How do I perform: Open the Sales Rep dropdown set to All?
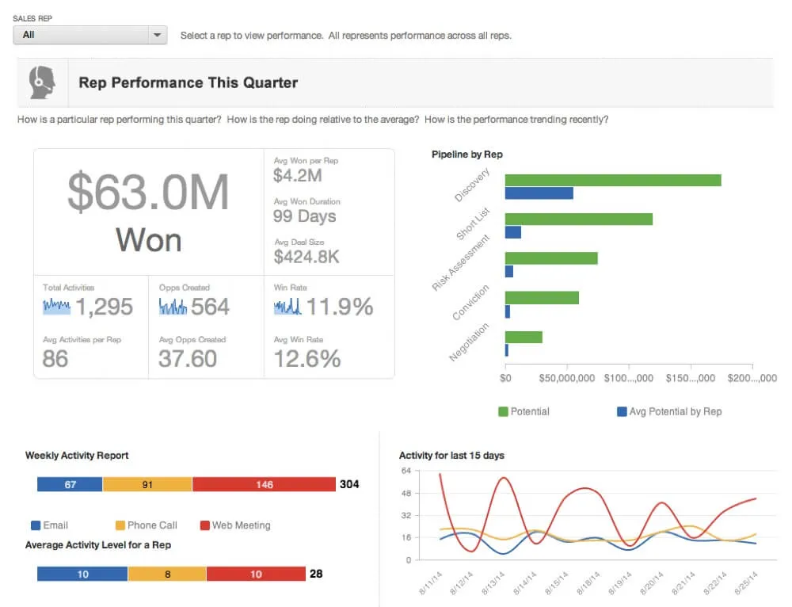pyautogui.click(x=89, y=35)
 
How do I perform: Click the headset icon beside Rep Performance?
pyautogui.click(x=42, y=82)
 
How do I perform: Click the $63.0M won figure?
pyautogui.click(x=148, y=193)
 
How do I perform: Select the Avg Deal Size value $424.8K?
pyautogui.click(x=307, y=257)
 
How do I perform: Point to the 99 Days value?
pyautogui.click(x=304, y=216)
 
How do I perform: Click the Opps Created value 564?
pyautogui.click(x=210, y=307)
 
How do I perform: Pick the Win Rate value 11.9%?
pyautogui.click(x=339, y=307)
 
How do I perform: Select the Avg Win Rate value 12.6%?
pyautogui.click(x=307, y=358)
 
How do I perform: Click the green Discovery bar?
pyautogui.click(x=612, y=180)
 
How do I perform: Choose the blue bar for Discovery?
pyautogui.click(x=539, y=193)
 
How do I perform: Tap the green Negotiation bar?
pyautogui.click(x=524, y=337)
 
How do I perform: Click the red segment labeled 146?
pyautogui.click(x=264, y=484)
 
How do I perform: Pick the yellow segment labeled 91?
pyautogui.click(x=147, y=484)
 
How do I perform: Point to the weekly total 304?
pyautogui.click(x=349, y=484)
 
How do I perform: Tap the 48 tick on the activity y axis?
pyautogui.click(x=406, y=492)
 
